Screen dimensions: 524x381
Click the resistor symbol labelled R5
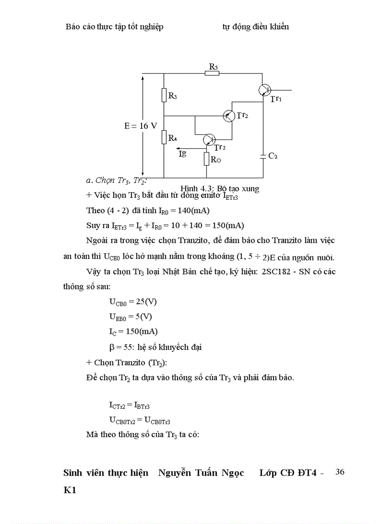coord(212,73)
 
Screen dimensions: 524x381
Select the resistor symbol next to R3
coord(164,95)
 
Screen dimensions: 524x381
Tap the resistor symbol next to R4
coord(164,137)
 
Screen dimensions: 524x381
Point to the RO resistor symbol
coord(206,159)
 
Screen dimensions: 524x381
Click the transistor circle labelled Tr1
coord(265,90)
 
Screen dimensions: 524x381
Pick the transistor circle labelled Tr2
coord(229,116)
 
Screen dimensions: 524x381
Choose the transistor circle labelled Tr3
coord(209,140)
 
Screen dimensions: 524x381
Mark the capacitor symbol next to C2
coord(263,156)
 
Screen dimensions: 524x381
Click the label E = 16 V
coord(140,126)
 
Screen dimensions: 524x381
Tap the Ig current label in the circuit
coord(183,154)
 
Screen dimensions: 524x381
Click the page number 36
coord(340,472)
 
